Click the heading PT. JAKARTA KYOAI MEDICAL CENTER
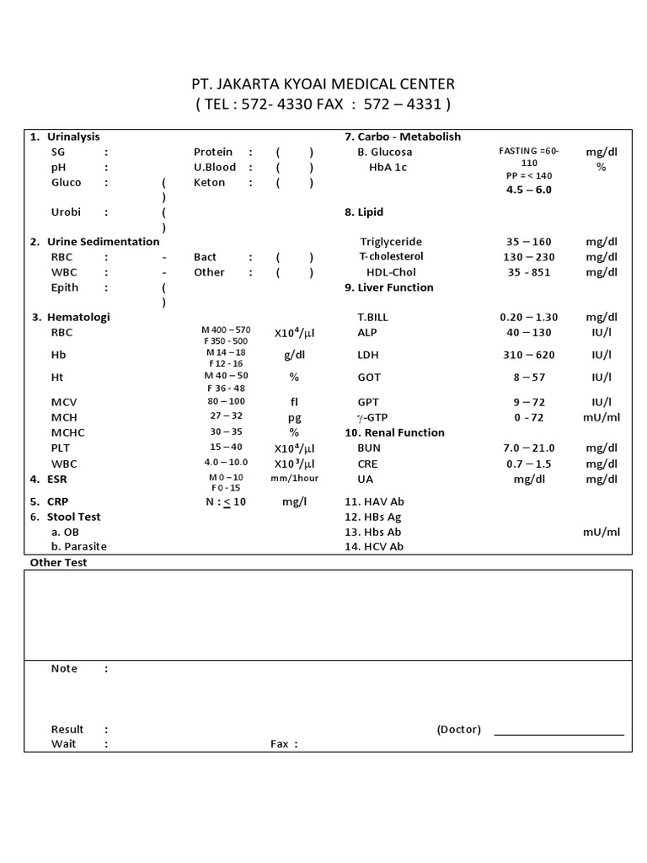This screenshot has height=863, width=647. tap(323, 83)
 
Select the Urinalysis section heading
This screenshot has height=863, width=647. tap(73, 137)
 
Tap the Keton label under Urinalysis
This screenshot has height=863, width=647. tap(209, 182)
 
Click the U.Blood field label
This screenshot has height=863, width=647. tap(215, 167)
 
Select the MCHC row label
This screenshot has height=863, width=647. tap(67, 432)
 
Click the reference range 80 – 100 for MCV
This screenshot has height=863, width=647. tap(225, 401)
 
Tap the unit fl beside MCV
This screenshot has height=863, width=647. tap(294, 401)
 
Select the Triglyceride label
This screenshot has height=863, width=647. tap(391, 242)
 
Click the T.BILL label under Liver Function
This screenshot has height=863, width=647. tap(373, 317)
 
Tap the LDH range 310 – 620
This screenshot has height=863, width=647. tap(527, 355)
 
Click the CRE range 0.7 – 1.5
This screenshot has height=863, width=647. tap(528, 464)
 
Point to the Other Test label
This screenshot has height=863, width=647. tap(59, 562)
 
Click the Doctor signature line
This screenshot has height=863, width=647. tap(559, 733)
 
